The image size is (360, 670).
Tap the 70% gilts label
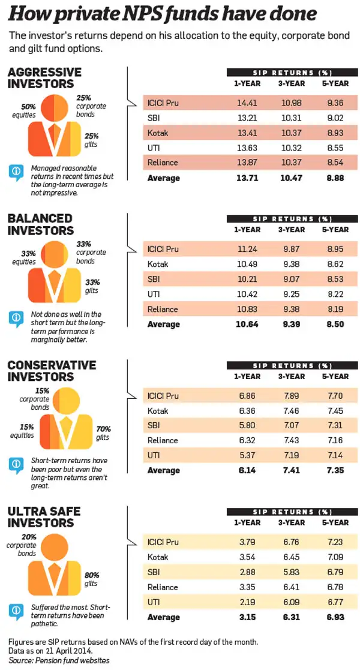104,432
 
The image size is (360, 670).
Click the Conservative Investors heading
52,371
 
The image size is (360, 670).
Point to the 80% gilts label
91,579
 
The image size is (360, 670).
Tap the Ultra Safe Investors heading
44,517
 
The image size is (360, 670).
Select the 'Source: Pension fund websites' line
59,660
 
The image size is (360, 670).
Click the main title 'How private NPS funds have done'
163,15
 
